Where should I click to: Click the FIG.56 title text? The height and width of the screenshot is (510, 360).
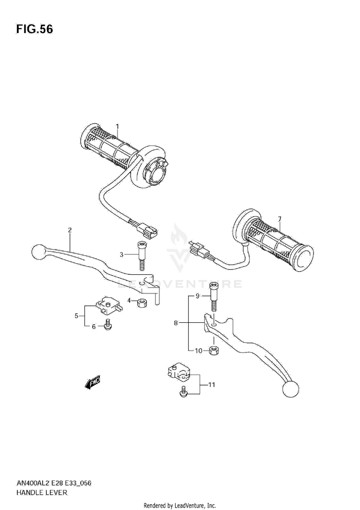(35, 29)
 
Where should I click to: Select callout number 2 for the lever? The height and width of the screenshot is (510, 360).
(70, 231)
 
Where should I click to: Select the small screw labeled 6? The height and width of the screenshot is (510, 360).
(108, 326)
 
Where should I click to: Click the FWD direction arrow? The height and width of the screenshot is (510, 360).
(92, 382)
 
